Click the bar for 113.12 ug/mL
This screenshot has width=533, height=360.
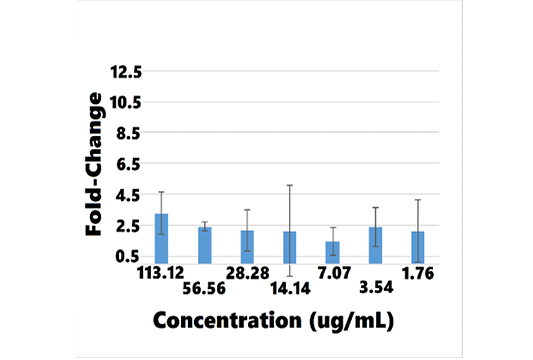[x=161, y=239]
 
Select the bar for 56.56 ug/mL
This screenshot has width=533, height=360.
[x=205, y=245]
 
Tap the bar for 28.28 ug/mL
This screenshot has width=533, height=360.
[x=247, y=247]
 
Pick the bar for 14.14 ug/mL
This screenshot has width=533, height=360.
[x=290, y=247]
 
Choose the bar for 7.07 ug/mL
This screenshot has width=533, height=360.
[x=333, y=253]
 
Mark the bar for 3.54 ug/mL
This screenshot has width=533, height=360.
[x=375, y=245]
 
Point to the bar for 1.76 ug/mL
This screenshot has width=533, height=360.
[x=418, y=247]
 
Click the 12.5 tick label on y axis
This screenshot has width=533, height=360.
[x=126, y=72]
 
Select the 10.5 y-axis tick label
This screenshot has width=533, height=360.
[x=125, y=102]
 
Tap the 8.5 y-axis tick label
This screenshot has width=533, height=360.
[x=128, y=133]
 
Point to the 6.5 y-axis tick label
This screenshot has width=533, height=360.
[x=128, y=165]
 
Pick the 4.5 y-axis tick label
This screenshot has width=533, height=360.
[x=128, y=195]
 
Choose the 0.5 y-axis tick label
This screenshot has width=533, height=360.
[x=127, y=256]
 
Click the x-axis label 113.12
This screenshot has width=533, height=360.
[x=160, y=273]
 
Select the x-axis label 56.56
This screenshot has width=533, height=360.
[x=204, y=288]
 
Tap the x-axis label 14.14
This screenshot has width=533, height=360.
[x=290, y=288]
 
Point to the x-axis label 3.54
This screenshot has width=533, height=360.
[x=376, y=288]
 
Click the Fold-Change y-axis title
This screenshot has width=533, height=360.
[x=93, y=164]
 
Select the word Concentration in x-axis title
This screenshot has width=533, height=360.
[x=227, y=320]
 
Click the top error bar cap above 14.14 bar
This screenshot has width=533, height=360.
[x=290, y=185]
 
